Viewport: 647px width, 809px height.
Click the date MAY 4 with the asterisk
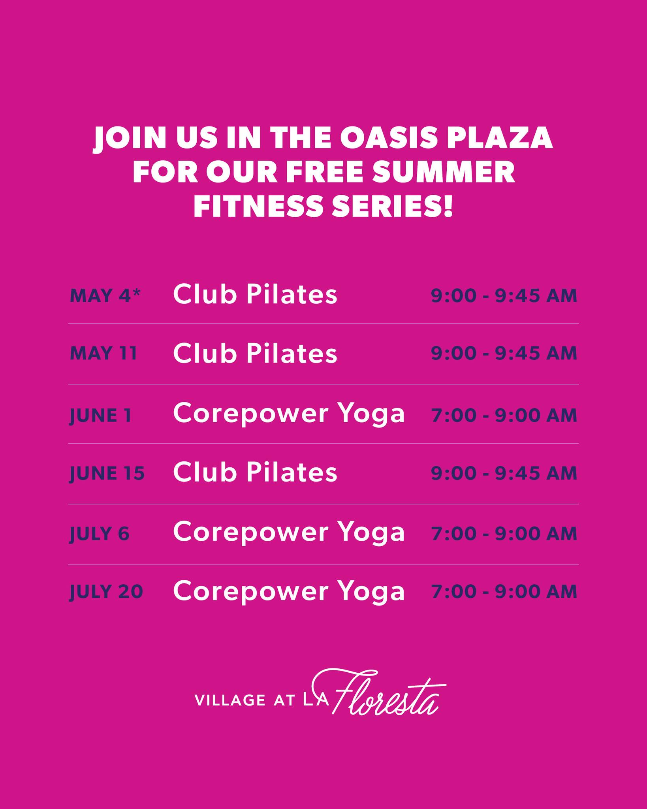pyautogui.click(x=105, y=296)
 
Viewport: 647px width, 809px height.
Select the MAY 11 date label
pyautogui.click(x=103, y=354)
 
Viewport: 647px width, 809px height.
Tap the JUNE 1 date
pyautogui.click(x=100, y=416)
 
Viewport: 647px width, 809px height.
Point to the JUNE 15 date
pyautogui.click(x=107, y=473)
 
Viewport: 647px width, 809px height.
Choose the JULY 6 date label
pyautogui.click(x=100, y=534)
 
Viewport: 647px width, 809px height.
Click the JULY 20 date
pyautogui.click(x=106, y=592)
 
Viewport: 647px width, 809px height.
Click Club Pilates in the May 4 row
pyautogui.click(x=255, y=295)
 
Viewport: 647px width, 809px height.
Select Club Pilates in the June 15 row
pyautogui.click(x=255, y=472)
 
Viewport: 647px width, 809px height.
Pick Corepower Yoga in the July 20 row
pyautogui.click(x=289, y=591)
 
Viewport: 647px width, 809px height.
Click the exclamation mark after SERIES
pyautogui.click(x=448, y=207)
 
